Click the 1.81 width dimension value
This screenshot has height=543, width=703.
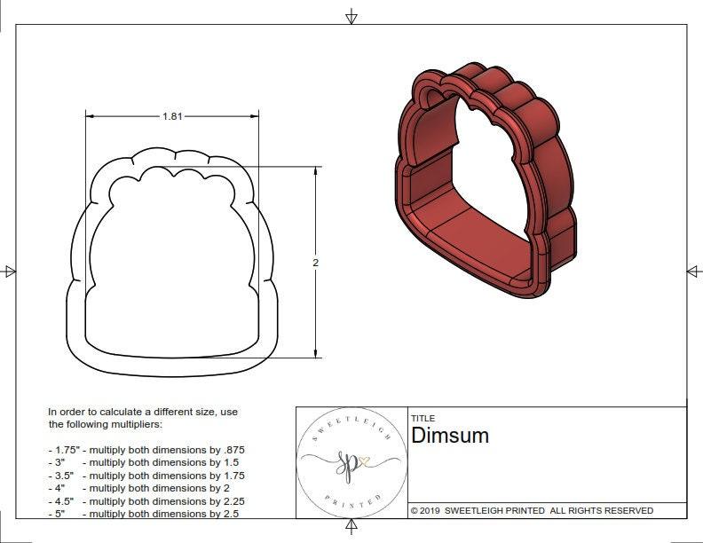(x=173, y=116)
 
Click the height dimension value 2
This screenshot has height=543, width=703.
(x=315, y=263)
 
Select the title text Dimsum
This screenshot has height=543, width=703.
(x=450, y=436)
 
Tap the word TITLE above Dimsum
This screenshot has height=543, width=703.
(x=423, y=418)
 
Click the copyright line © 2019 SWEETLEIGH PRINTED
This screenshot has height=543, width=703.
(x=532, y=510)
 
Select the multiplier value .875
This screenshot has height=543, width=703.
(x=233, y=450)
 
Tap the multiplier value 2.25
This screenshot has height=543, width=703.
(x=233, y=500)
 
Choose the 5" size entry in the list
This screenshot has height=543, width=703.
(x=59, y=514)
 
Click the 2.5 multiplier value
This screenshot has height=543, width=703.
(x=229, y=514)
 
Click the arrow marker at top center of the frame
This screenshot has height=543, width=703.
(x=351, y=16)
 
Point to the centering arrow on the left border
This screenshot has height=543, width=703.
(x=10, y=271)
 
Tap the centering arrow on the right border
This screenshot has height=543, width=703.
(x=693, y=271)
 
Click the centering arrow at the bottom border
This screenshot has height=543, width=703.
(x=351, y=528)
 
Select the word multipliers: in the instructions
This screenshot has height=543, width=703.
(x=140, y=424)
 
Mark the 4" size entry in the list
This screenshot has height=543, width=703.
(x=59, y=488)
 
